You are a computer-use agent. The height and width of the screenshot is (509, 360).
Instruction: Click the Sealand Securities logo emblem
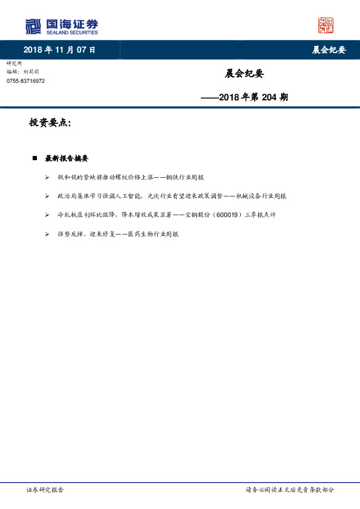[34, 26]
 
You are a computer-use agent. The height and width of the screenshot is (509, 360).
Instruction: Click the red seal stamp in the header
[326, 25]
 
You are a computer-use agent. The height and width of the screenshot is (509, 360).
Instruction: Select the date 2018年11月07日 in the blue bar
[59, 50]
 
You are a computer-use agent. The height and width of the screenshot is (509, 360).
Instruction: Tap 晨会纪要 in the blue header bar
[329, 50]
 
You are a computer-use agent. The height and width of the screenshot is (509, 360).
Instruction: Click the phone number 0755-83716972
[25, 80]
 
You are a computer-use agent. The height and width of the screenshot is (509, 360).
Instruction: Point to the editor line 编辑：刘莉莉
[23, 71]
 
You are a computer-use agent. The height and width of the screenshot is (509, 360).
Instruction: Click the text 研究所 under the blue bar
[14, 63]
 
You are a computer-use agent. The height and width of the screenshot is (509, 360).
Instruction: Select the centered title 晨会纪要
[244, 74]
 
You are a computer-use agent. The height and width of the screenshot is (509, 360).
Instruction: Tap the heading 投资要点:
[50, 123]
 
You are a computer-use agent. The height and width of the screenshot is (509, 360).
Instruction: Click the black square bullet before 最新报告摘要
[35, 158]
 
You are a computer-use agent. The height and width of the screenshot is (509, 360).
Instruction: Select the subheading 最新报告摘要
[67, 158]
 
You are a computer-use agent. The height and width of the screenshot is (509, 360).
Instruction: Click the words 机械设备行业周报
[261, 196]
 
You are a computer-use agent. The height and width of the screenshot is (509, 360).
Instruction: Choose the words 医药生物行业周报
[153, 233]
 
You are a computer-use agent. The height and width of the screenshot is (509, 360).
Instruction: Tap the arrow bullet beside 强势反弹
[47, 233]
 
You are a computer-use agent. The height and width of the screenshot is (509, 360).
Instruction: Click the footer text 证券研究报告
[45, 490]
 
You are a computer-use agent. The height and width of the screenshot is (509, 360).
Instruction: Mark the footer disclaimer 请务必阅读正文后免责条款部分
[289, 490]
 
